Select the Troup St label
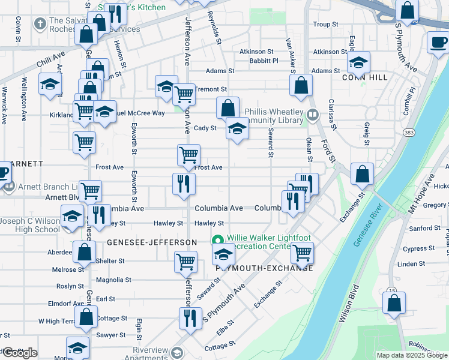326,25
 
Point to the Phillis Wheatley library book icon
312,115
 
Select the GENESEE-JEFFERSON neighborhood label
152,242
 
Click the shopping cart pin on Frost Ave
189,155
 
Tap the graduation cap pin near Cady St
237,128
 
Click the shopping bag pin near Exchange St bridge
362,175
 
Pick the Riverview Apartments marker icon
176,352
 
